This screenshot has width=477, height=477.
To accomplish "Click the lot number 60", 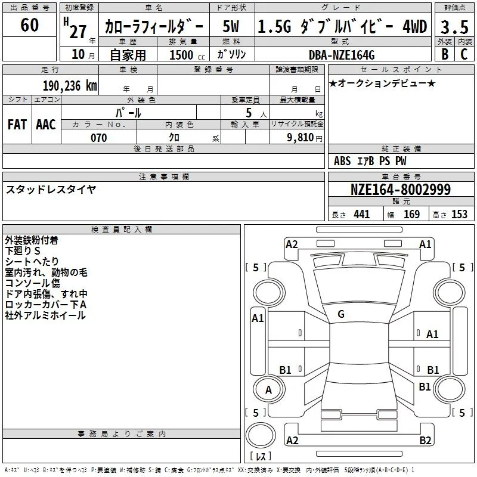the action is tap(29, 24).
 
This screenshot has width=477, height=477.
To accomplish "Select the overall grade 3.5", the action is tap(454, 27).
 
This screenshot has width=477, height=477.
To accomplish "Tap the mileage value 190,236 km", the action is tap(70, 86).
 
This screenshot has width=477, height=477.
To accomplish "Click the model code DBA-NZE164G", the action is tap(342, 55).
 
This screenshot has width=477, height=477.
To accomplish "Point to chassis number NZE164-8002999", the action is tap(400, 190).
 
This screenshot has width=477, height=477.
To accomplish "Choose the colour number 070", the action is tap(98, 138).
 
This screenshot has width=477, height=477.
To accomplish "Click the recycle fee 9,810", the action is tap(301, 137).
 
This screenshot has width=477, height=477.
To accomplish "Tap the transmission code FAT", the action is tap(17, 125).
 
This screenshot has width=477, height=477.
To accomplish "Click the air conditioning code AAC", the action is tap(46, 125).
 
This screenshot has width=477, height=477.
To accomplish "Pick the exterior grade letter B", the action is tap(445, 54).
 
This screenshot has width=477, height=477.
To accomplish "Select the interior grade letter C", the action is tap(464, 54).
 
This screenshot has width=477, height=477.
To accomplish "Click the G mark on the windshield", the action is tap(341, 314).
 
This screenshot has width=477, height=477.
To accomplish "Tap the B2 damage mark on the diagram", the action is tap(425, 440).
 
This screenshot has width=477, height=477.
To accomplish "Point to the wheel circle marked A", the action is tap(268, 389).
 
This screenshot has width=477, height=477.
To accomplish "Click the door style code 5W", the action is tap(231, 26).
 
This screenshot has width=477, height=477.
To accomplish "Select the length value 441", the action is tap(361, 214).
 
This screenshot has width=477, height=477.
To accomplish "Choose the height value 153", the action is tap(459, 214).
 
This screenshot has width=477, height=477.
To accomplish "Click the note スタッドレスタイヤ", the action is tap(51, 189).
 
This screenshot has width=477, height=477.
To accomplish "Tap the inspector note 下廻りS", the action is tap(23, 250).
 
